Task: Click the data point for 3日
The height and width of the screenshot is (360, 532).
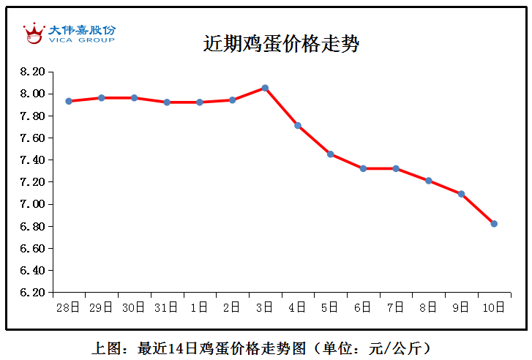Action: point(265,88)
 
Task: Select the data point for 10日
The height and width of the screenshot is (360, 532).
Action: point(494,224)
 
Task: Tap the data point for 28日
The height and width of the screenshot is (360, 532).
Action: point(69,101)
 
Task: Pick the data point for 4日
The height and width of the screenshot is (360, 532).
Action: point(298,126)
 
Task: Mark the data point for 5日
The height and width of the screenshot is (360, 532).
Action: point(331,154)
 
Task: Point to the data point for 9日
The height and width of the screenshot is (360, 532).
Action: point(461,194)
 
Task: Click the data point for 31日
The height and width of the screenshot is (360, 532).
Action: point(167,102)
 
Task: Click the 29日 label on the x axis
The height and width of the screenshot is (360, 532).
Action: point(102,308)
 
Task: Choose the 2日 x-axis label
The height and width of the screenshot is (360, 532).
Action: point(232,308)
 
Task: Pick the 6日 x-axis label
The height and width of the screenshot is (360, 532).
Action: point(363,308)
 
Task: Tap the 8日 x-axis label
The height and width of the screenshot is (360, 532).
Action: point(428,308)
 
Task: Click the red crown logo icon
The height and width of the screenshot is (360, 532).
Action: point(34,33)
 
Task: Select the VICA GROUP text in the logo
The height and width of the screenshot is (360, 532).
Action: point(81,40)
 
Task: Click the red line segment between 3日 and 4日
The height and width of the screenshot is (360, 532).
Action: point(282,107)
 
